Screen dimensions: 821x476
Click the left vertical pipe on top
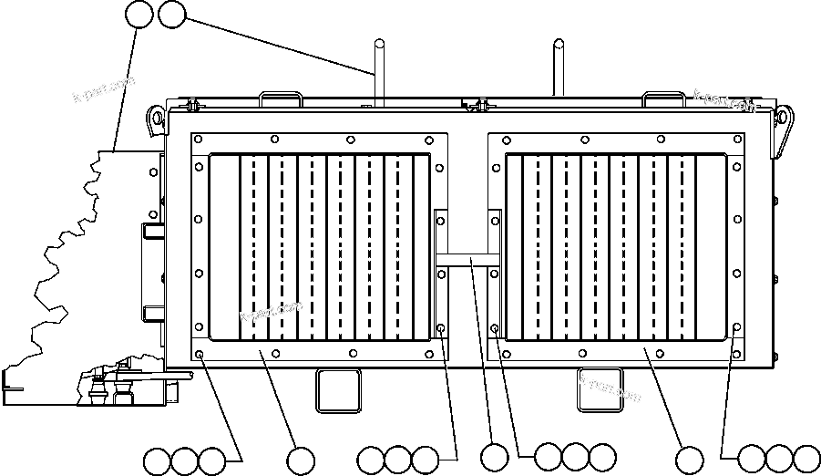376,68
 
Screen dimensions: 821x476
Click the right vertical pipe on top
557,68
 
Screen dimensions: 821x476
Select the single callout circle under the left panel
301,459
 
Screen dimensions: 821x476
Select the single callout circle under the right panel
690,459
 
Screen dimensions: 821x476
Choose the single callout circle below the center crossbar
494,458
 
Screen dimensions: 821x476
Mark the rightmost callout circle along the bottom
806,458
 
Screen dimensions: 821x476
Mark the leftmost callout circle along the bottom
157,459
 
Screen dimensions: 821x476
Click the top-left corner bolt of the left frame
199,140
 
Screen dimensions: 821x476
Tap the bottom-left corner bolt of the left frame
199,355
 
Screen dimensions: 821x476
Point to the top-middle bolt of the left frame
351,140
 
